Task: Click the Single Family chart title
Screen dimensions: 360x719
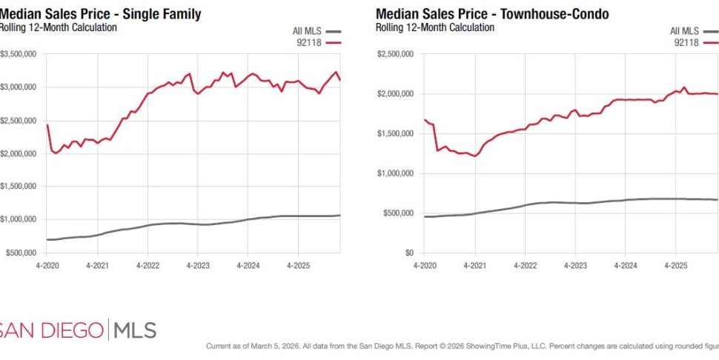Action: (x=100, y=14)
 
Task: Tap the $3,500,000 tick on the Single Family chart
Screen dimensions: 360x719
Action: (x=21, y=54)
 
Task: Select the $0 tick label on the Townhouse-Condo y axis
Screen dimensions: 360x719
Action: (x=407, y=253)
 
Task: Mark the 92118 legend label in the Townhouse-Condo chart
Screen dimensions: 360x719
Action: (x=686, y=43)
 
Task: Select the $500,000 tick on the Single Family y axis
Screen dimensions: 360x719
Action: (x=22, y=253)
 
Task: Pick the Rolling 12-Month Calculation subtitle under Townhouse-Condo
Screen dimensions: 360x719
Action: (x=435, y=27)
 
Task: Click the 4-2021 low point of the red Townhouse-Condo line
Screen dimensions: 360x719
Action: (x=475, y=156)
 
